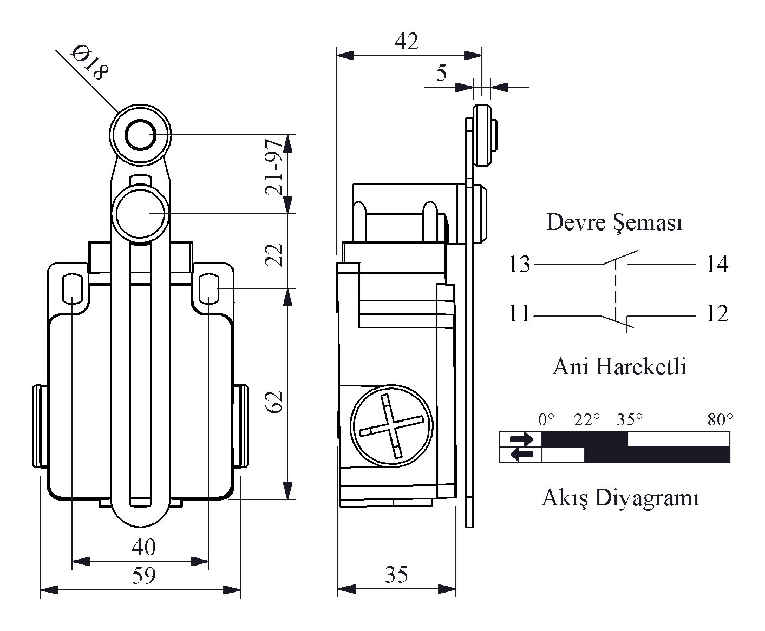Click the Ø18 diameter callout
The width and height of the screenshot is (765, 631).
(x=90, y=63)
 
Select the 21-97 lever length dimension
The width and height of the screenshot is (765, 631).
(x=274, y=167)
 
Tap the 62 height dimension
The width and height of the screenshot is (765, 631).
(x=274, y=402)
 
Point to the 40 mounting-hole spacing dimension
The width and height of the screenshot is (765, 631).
(x=143, y=547)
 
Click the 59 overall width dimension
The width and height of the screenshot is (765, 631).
(x=143, y=575)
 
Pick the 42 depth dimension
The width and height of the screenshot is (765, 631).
(x=406, y=41)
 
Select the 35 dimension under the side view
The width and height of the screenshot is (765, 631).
(x=396, y=575)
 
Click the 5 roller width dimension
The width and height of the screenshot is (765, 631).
(x=441, y=73)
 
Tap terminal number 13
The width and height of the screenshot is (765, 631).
(x=519, y=264)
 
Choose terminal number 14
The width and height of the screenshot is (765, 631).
(x=717, y=264)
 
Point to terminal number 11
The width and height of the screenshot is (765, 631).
(x=519, y=313)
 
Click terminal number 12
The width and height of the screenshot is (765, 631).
(x=717, y=313)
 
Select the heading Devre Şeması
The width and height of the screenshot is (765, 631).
(x=614, y=222)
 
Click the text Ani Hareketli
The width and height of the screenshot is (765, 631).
(x=619, y=366)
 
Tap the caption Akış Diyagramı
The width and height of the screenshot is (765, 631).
(x=620, y=498)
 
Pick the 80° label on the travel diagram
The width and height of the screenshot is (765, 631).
(x=720, y=420)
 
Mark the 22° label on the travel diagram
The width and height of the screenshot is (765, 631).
(x=586, y=420)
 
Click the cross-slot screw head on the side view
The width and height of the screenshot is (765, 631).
(x=391, y=425)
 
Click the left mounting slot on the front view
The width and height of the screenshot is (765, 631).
(x=72, y=288)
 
